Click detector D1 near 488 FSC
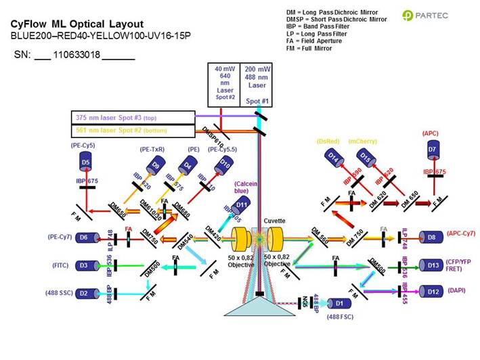pos(334,304)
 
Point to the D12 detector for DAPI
pos(428,291)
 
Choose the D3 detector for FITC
pos(83,266)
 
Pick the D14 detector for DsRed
pos(333,157)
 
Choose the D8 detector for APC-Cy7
pos(428,238)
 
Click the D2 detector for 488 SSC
pos(83,293)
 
